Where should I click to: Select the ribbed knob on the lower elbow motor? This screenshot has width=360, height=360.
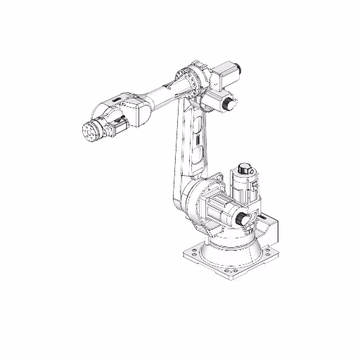[228, 103]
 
